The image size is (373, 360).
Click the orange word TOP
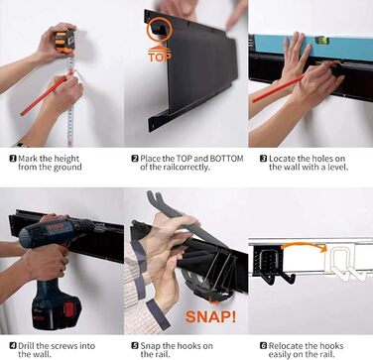(x=160, y=57)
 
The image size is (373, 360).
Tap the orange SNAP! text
(x=210, y=316)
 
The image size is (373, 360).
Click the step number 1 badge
(x=13, y=159)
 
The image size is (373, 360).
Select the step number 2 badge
(x=135, y=159)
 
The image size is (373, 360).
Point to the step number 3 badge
(x=263, y=159)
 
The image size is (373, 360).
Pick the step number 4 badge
(x=13, y=346)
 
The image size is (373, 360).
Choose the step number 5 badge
(x=135, y=346)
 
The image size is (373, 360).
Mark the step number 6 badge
(x=263, y=346)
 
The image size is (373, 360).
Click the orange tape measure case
(x=64, y=42)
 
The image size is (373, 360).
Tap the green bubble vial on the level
(x=321, y=40)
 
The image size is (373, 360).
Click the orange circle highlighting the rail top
(x=159, y=30)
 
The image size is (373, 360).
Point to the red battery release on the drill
(x=67, y=308)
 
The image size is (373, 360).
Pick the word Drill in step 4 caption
(x=26, y=346)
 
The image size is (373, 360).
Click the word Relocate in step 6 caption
(x=285, y=346)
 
